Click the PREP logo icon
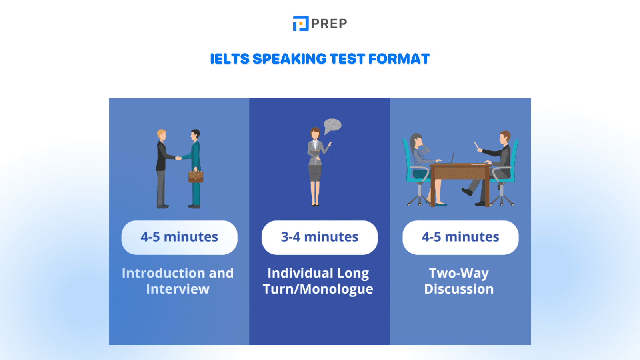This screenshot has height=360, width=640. (300, 24)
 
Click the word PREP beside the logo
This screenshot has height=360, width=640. (329, 24)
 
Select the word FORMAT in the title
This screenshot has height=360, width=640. (399, 59)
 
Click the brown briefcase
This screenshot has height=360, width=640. (196, 176)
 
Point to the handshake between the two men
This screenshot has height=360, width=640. (178, 158)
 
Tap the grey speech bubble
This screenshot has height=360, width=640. (332, 126)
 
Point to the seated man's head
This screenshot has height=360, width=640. (505, 137)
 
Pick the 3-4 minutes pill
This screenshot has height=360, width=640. (320, 237)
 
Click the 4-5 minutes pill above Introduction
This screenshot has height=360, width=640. (179, 237)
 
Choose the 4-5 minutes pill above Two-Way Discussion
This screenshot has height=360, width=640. (460, 237)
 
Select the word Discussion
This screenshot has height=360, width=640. (459, 289)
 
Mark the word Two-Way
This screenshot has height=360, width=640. (459, 273)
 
